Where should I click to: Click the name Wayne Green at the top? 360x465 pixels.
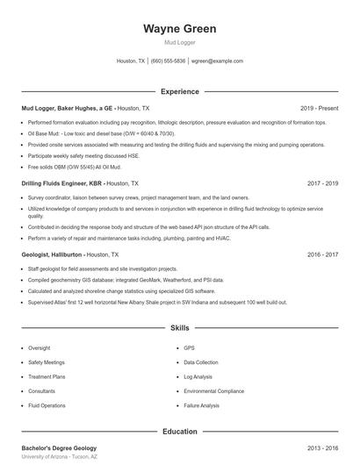coord(179,29)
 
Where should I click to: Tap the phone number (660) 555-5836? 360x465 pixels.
coord(168,61)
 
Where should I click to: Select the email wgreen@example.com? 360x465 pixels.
coord(217,61)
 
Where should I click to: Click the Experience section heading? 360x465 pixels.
coord(179,91)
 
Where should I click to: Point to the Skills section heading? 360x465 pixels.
coord(179,327)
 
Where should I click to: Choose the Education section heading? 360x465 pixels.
coord(179,431)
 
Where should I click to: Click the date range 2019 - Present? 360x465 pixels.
coord(319,108)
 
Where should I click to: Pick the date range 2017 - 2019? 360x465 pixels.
coord(323,184)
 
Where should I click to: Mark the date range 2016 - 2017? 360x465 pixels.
coord(323,254)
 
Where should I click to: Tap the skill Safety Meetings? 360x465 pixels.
coord(47,361)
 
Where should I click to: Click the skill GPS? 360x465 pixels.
coord(189,347)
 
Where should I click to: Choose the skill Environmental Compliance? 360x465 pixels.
coord(213,390)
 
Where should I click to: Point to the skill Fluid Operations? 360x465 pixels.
coord(47,405)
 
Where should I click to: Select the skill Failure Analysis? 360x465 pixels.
coord(201,405)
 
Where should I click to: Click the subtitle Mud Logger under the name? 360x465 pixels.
coord(179,42)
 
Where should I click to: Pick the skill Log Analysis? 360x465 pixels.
coord(199,376)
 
